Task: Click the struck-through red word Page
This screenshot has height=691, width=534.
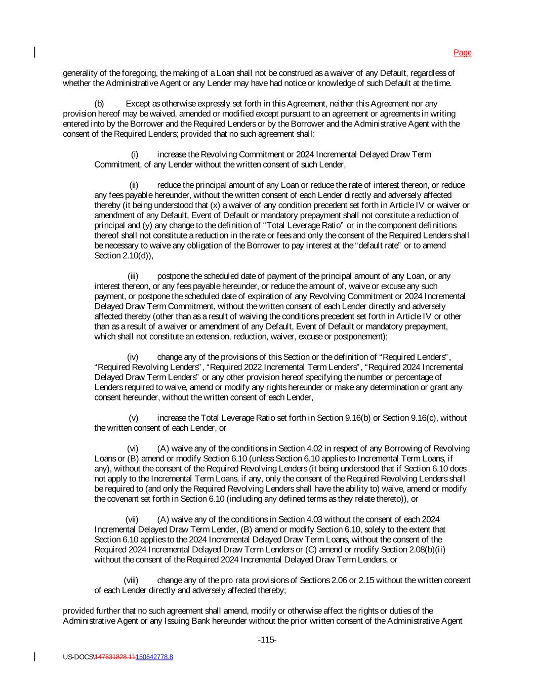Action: (462, 53)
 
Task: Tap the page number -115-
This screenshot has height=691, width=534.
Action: (267, 640)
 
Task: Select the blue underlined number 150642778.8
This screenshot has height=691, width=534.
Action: (154, 657)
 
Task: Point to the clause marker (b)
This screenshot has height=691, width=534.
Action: (99, 104)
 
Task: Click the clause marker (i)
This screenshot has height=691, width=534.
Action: (135, 154)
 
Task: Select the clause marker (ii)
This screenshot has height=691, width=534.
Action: (134, 185)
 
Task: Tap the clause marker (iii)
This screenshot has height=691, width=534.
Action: (133, 276)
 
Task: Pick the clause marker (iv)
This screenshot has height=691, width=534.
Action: (133, 357)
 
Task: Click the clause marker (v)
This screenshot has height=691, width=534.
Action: (134, 418)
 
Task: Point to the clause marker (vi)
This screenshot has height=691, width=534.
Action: (133, 448)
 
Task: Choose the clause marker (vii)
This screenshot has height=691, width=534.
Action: (132, 519)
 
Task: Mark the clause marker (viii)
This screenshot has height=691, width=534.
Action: (131, 580)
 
